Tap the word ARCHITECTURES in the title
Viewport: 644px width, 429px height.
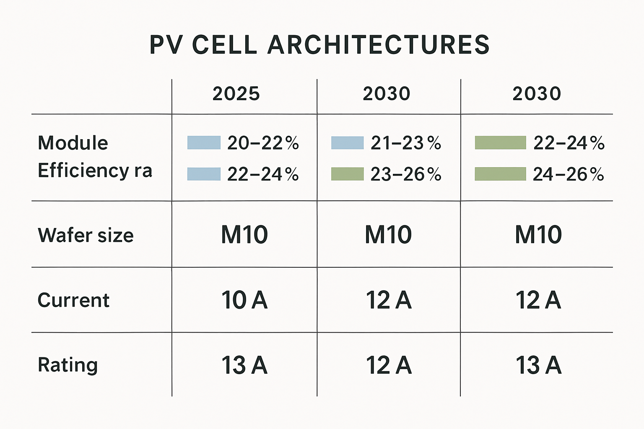coord(379,45)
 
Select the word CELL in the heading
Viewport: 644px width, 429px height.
coord(225,45)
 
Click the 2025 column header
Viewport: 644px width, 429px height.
coord(236,94)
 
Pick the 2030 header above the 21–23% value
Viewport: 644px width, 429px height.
coord(386,94)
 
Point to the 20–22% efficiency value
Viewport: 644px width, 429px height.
coord(263,143)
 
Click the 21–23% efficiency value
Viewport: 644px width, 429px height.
coord(406,143)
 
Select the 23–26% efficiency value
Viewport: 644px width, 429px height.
coord(406,174)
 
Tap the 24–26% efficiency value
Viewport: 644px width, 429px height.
coord(568,174)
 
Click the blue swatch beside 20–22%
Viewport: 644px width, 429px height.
coord(204,143)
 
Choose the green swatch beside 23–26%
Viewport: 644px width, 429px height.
coord(347,174)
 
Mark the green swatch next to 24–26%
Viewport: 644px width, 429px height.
coord(500,174)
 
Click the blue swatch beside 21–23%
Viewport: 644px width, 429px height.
coord(347,143)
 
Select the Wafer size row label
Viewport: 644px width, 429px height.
coord(86,235)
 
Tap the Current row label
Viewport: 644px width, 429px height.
coord(73,300)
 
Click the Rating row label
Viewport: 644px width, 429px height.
coord(68,365)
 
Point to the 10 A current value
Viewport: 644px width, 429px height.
coord(244,300)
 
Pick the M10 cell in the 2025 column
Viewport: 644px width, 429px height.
coord(244,235)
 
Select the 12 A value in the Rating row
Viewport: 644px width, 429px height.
coord(389,365)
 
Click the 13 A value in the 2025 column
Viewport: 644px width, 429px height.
coord(244,365)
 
